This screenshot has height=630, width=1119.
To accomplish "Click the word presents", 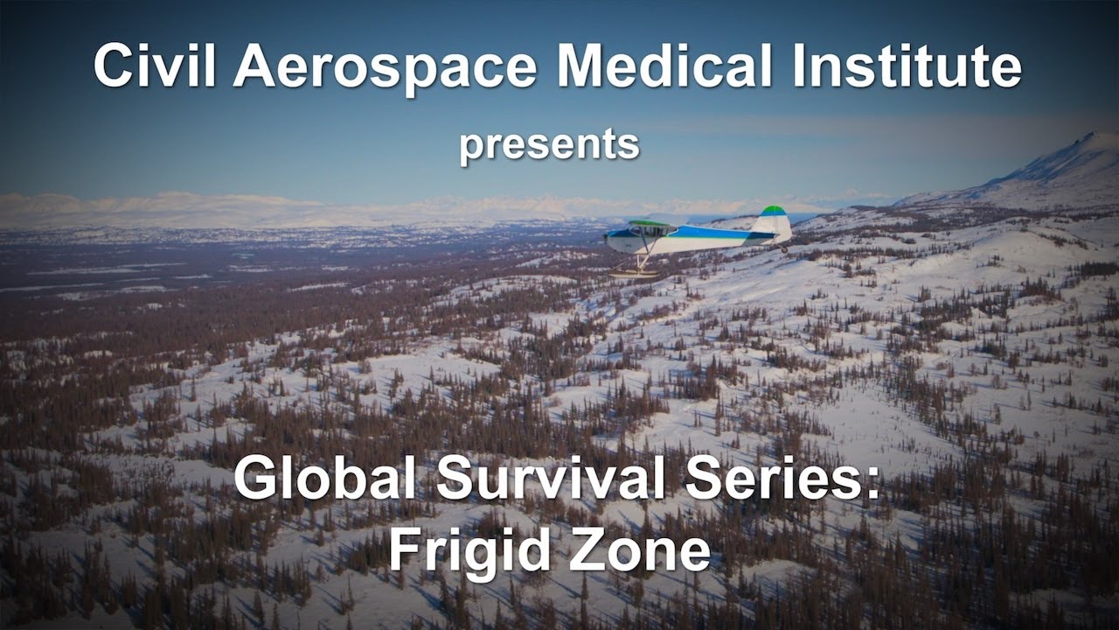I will (549, 144).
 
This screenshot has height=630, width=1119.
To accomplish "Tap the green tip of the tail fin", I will (773, 211).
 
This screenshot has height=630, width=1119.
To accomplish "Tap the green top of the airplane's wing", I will (651, 223).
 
